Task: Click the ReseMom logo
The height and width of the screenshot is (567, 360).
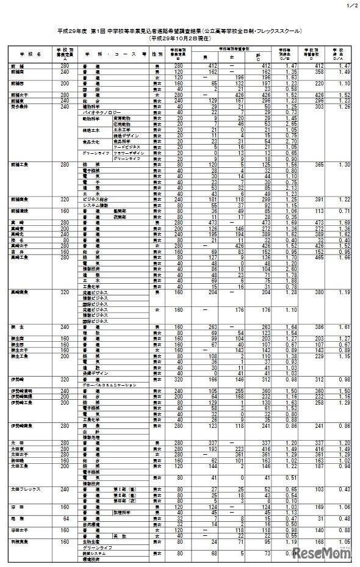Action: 325,553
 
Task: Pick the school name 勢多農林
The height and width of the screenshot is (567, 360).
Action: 18,107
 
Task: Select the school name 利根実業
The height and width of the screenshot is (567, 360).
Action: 18,541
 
